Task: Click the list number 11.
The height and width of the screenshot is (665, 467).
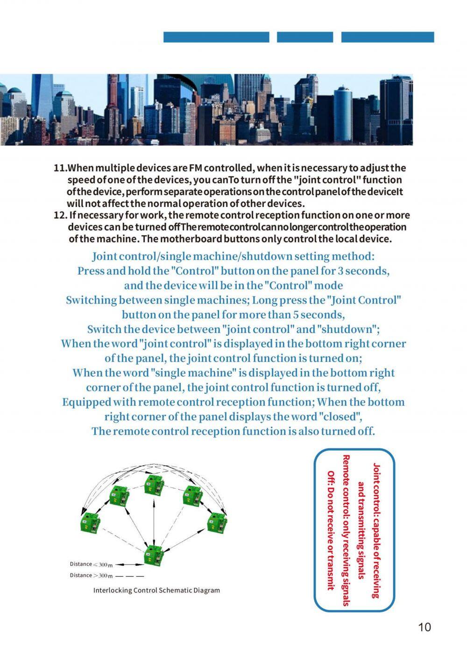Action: pos(61,168)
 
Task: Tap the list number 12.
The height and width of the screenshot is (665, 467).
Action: pos(60,215)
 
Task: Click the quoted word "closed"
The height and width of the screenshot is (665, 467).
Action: pos(340,417)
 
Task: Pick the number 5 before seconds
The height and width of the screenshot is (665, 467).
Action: pos(296,315)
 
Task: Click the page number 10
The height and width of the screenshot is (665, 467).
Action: pos(425,627)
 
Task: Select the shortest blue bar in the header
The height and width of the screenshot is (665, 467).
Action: pos(305,37)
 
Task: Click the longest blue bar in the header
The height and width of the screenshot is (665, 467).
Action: pos(216,37)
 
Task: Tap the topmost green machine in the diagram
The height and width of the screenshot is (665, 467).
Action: pos(153,484)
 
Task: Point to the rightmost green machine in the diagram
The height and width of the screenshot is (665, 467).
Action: pos(216,523)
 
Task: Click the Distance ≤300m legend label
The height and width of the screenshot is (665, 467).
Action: pos(91,565)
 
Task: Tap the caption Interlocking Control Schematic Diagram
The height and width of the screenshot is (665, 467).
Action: pos(156,590)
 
